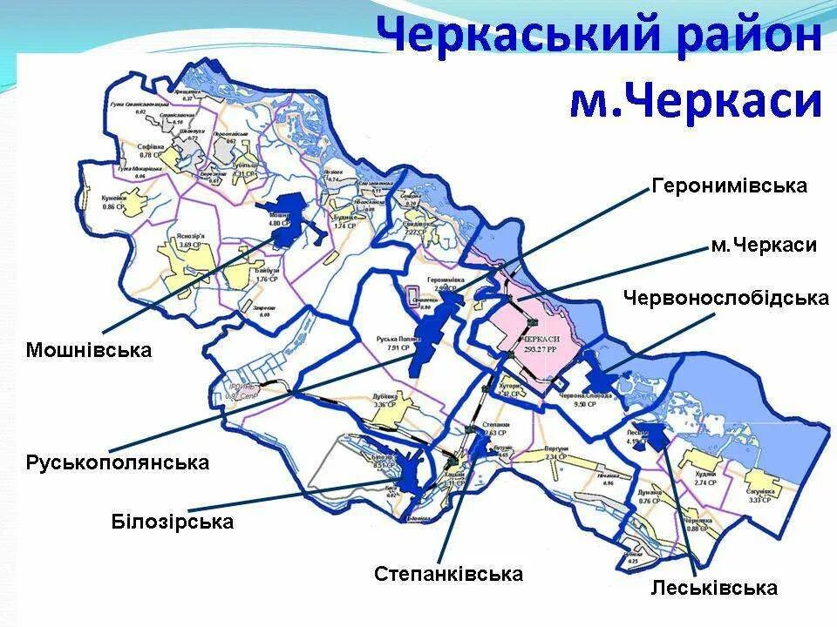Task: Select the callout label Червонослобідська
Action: coord(725,298)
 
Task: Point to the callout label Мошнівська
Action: coord(88,350)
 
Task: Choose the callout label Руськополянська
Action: coord(118,462)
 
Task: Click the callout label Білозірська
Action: coord(173,522)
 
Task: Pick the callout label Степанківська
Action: coord(448,574)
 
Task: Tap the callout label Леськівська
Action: coord(713,589)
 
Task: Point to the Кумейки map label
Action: coord(114,199)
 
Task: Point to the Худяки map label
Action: coord(706,475)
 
